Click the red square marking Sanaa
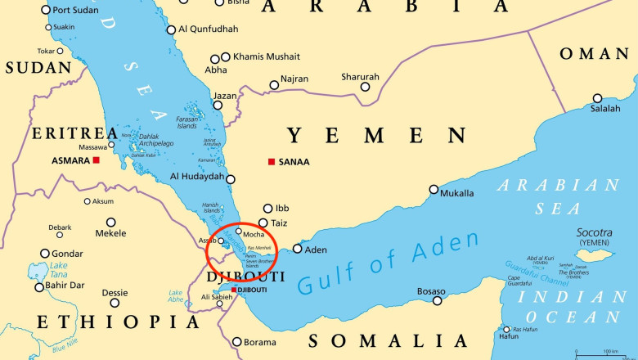(x=272, y=161)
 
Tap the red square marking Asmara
(x=97, y=160)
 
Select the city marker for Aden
(x=297, y=249)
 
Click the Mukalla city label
(x=457, y=193)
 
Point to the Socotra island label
(x=594, y=232)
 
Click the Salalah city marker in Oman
(x=598, y=98)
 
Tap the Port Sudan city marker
(x=45, y=10)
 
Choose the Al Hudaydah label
(x=196, y=177)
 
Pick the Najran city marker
(x=274, y=85)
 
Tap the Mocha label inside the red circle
(x=254, y=234)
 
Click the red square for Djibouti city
(x=234, y=290)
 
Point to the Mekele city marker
(x=110, y=222)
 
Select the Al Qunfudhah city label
(x=208, y=29)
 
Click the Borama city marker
(x=237, y=342)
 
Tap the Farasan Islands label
(x=187, y=123)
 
